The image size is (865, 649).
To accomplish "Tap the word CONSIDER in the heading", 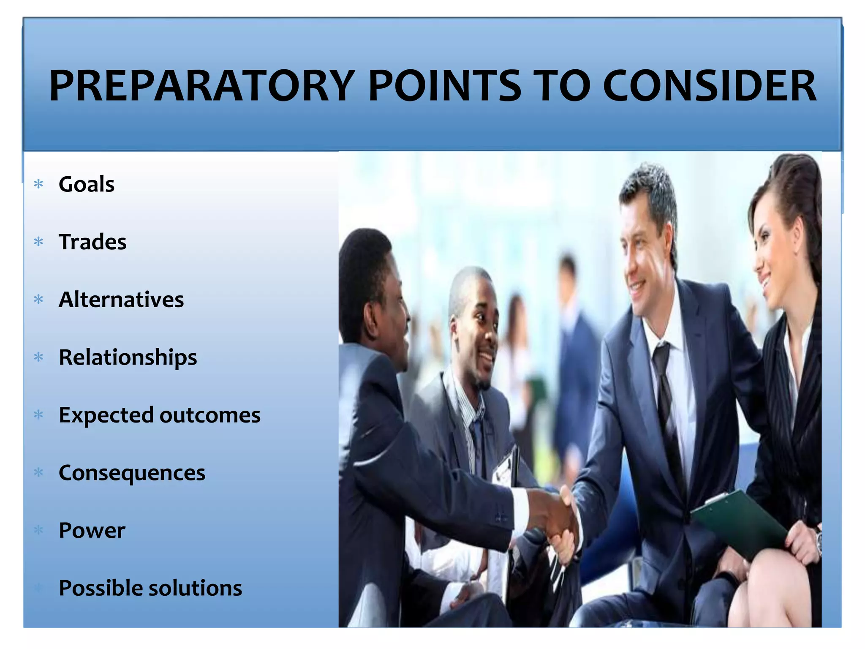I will tap(710, 86).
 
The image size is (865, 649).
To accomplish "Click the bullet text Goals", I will tap(87, 184).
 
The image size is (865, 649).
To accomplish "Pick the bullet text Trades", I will tap(92, 242).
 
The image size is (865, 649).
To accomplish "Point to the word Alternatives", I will tap(121, 300).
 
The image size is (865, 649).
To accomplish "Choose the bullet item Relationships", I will tap(128, 357).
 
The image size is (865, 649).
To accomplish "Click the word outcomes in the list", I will tap(210, 415).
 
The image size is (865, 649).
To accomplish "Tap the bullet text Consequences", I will tap(132, 473).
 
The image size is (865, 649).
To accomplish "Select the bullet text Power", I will tap(92, 530).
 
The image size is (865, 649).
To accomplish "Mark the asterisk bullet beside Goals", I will tap(39, 184).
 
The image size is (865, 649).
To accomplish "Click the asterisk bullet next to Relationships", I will tap(39, 357).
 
